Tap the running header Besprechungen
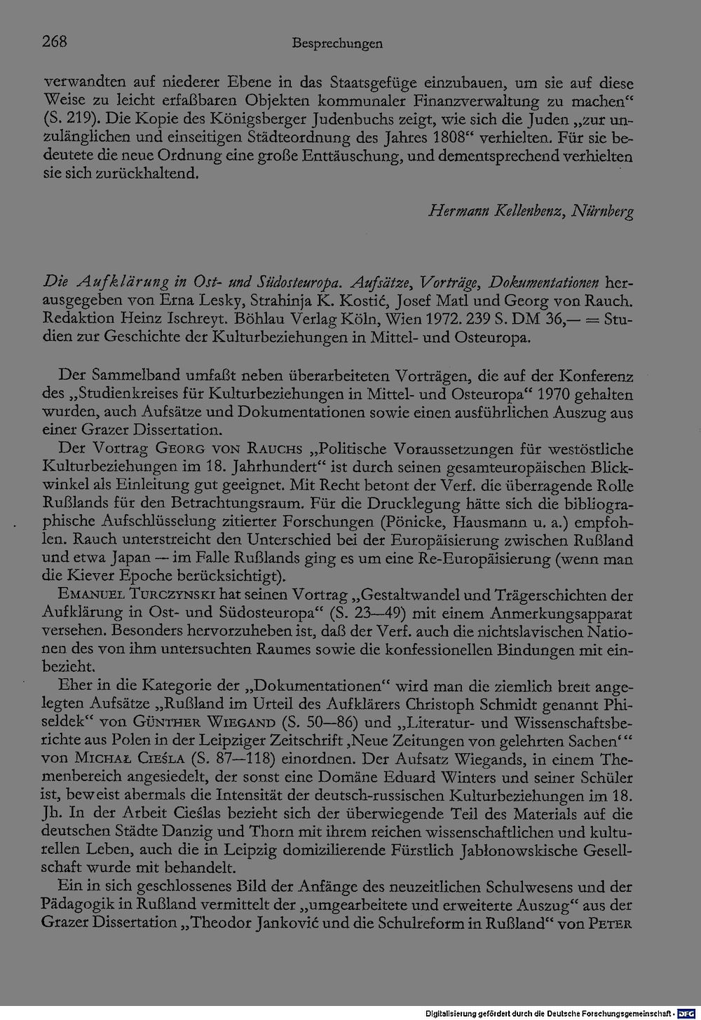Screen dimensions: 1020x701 coord(336,43)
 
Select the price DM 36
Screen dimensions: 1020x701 coord(520,320)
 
